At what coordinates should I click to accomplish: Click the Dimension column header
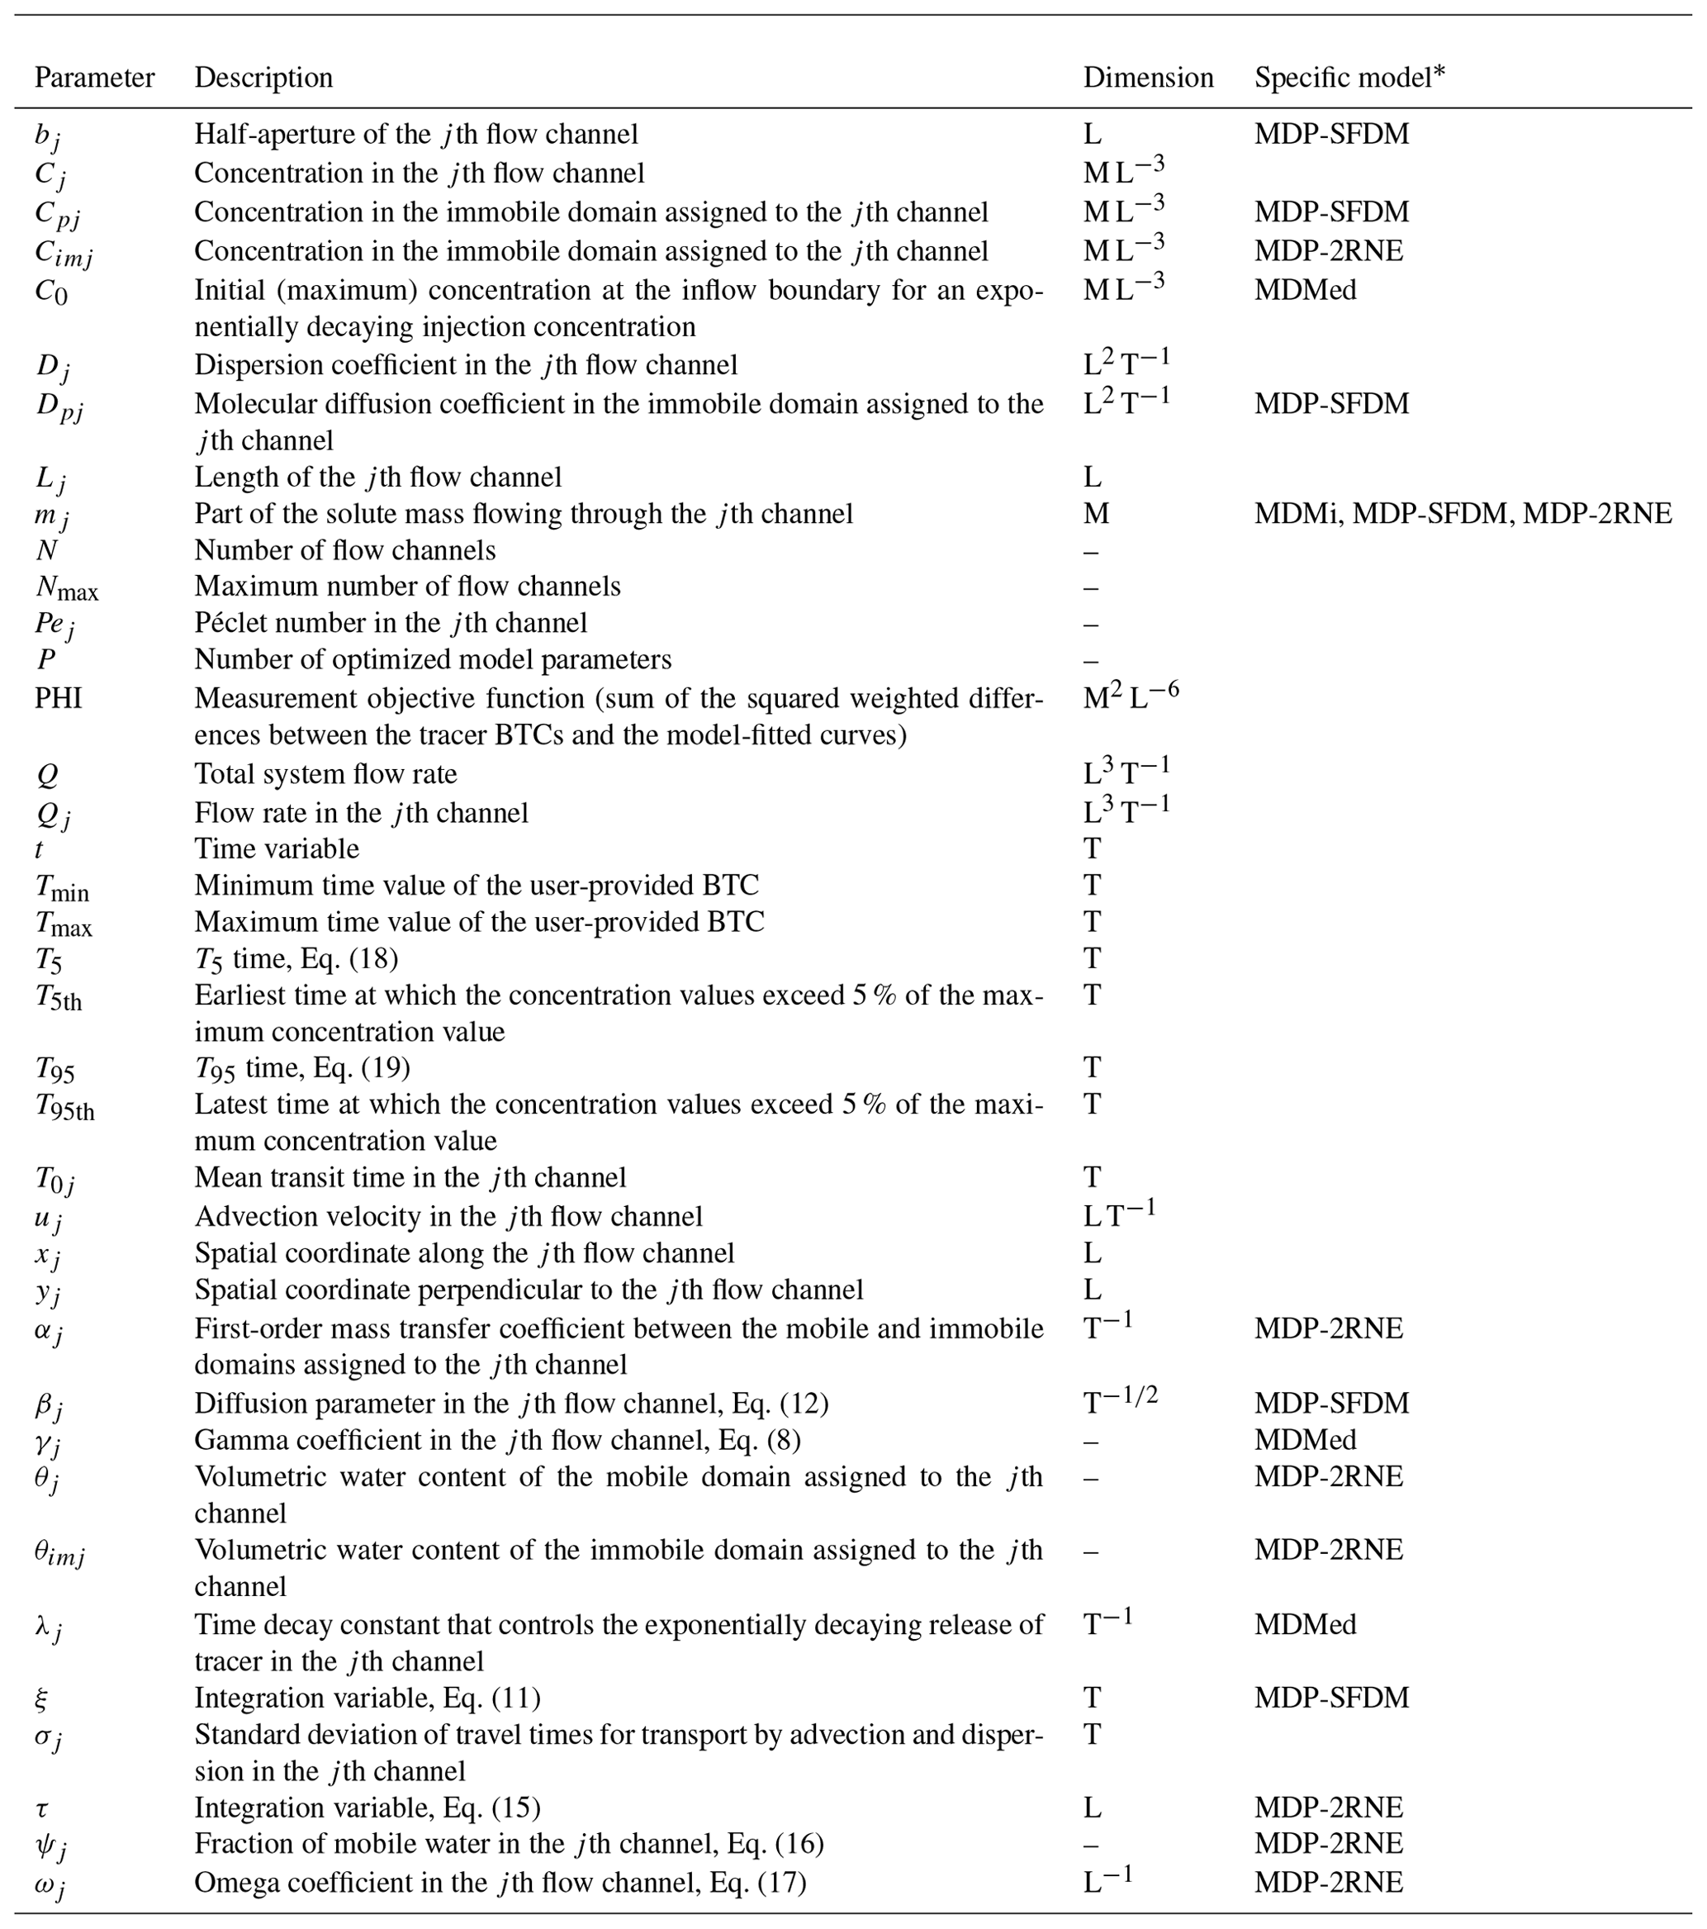click(x=1147, y=78)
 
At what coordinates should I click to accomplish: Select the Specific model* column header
click(x=1349, y=78)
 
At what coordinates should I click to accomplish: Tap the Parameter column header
click(x=94, y=78)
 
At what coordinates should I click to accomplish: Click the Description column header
click(x=263, y=78)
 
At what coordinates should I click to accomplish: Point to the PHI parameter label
click(x=59, y=698)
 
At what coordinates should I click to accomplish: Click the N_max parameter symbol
click(x=66, y=588)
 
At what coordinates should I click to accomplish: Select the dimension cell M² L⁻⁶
click(x=1131, y=696)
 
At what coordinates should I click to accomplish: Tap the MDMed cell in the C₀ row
click(x=1305, y=290)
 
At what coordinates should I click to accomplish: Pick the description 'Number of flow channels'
click(x=344, y=550)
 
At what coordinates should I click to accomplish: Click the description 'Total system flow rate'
click(x=325, y=774)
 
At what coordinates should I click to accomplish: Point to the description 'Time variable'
click(x=277, y=848)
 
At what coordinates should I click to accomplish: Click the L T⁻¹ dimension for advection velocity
click(x=1118, y=1214)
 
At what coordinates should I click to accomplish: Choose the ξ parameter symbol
click(x=41, y=1699)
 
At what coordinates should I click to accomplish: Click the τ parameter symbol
click(x=41, y=1808)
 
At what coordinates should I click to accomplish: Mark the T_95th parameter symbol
click(x=64, y=1106)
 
